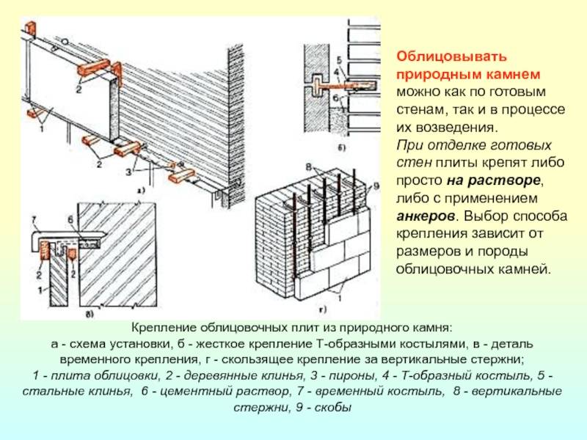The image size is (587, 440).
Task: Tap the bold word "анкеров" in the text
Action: click(x=425, y=216)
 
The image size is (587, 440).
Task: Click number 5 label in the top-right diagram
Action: click(x=338, y=59)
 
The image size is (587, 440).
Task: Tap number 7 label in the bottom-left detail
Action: click(x=32, y=219)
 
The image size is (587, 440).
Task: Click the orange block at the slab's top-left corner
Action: click(x=31, y=27)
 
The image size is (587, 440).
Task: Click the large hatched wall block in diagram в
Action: click(x=121, y=249)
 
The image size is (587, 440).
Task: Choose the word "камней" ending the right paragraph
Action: click(x=528, y=270)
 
